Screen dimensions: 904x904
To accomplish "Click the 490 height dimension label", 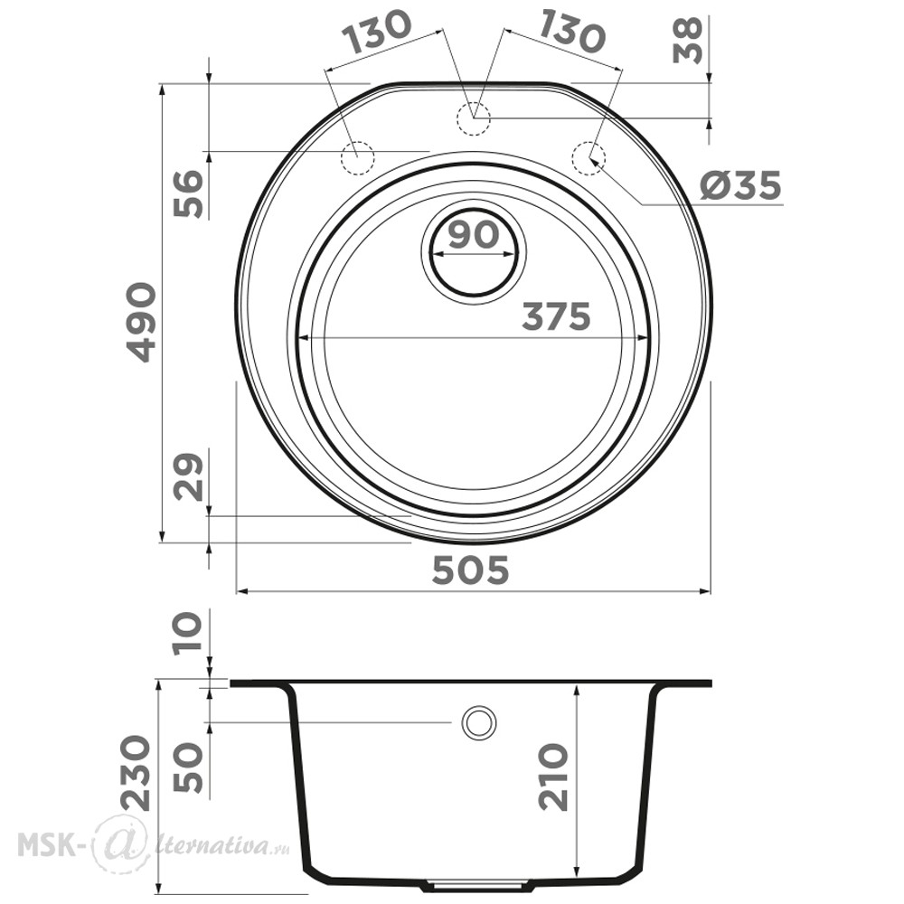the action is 139,322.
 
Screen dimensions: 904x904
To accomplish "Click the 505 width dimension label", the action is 470,570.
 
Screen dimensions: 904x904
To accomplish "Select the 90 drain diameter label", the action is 473,236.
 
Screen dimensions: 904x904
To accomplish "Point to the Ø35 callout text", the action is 741,185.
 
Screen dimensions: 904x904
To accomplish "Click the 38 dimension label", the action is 688,40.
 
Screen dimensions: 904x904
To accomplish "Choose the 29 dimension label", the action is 190,477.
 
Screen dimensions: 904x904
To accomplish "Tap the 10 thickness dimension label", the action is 190,631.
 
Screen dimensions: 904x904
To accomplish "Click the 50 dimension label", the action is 190,769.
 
